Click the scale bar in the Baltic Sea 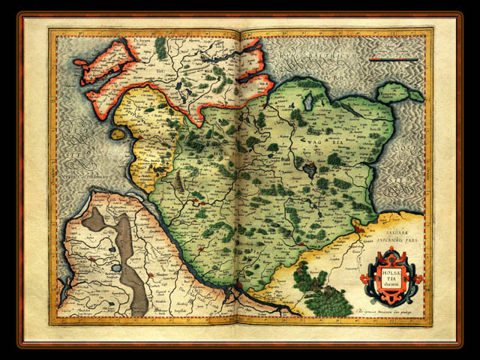pos(395,57)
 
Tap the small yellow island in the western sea pos(118,134)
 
